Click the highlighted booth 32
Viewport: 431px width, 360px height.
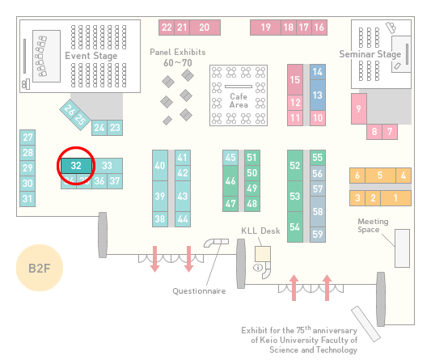point(76,166)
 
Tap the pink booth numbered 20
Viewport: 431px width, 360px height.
point(205,28)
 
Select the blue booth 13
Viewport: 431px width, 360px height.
point(318,95)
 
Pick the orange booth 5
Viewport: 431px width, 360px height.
point(380,176)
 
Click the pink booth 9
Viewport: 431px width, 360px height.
point(359,108)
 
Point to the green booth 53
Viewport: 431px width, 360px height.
point(295,196)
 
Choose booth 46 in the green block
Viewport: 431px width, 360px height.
point(230,180)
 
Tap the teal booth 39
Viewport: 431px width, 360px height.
point(160,196)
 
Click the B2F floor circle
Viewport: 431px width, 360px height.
point(40,268)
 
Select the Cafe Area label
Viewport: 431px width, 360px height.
point(239,100)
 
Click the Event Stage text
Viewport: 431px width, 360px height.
point(91,56)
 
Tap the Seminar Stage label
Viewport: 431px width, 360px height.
point(370,54)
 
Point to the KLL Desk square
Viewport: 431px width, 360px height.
point(263,254)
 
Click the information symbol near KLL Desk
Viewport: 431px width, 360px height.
point(258,267)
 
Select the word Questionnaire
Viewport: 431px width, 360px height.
point(199,291)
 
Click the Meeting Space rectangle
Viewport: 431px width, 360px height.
point(402,248)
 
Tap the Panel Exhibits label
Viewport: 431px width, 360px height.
point(178,52)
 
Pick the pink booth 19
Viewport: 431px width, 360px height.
point(265,28)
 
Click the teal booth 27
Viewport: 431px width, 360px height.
point(27,138)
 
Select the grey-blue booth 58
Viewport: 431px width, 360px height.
point(318,211)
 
